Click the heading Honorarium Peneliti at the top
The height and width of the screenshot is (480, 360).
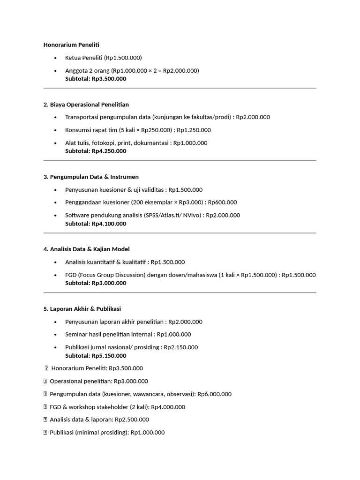click(x=71, y=45)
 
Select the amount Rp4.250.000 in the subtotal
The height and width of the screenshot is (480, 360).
click(x=109, y=151)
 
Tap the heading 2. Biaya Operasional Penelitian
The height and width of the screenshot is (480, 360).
click(x=86, y=105)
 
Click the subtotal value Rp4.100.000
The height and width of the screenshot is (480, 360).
click(x=109, y=224)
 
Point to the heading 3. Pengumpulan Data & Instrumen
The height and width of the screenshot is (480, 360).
click(x=91, y=177)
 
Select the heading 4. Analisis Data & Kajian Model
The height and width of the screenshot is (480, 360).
click(x=86, y=249)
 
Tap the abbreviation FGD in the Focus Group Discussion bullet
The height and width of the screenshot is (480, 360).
click(x=72, y=275)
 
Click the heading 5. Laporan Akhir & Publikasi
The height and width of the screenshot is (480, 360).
click(x=82, y=309)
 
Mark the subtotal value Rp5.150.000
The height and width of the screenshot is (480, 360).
click(x=109, y=356)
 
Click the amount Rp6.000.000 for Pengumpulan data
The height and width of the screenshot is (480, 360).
click(x=214, y=394)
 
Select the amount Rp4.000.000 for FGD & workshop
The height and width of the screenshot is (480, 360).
click(x=168, y=407)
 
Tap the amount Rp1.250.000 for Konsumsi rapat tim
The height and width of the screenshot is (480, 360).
click(x=194, y=130)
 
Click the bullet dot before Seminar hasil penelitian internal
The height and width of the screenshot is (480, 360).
click(x=56, y=335)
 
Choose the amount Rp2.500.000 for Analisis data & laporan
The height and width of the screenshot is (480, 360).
click(x=132, y=420)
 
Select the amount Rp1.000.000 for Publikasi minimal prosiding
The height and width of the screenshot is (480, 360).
click(x=148, y=433)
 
